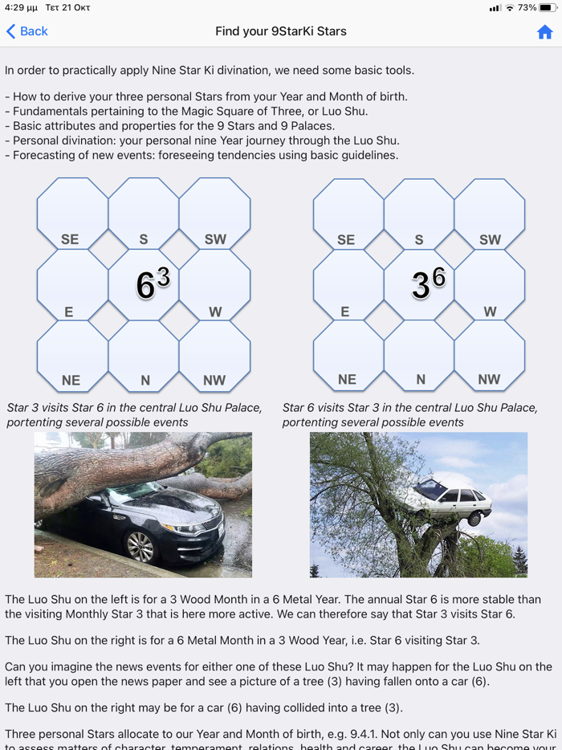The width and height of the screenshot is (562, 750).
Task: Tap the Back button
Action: (x=27, y=31)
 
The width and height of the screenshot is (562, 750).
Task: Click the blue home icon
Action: (x=545, y=32)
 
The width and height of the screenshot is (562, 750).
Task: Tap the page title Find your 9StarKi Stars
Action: (x=281, y=31)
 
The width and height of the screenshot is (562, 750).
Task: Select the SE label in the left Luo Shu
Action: (x=70, y=239)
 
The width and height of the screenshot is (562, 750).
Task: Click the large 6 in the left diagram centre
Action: (x=145, y=286)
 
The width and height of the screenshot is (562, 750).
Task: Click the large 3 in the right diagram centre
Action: (x=421, y=286)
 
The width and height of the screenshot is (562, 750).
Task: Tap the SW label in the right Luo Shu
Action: (x=490, y=239)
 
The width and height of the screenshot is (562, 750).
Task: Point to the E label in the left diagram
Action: (x=69, y=312)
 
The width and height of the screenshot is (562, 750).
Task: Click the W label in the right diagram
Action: (x=490, y=312)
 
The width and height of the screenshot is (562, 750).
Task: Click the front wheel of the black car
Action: (x=140, y=546)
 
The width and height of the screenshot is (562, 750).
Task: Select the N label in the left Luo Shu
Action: (x=145, y=380)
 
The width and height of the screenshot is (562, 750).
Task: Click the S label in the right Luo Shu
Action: (x=419, y=239)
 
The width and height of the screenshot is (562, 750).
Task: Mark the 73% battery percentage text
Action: (x=527, y=8)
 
